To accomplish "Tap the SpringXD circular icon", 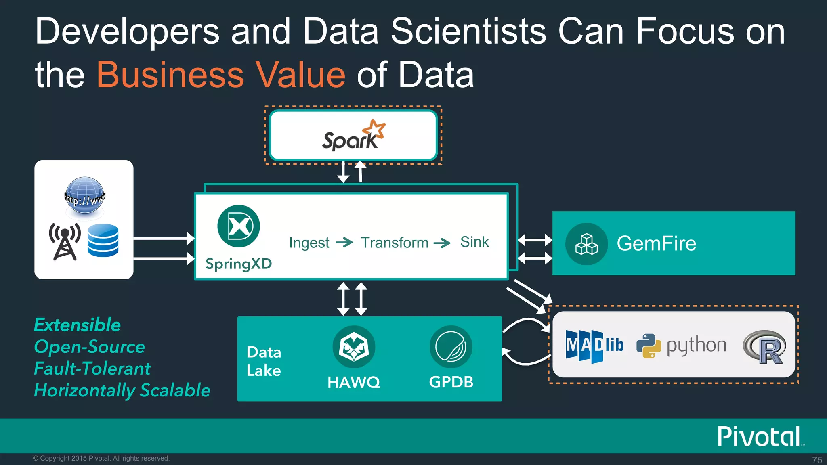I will point(238,226).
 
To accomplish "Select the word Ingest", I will point(309,243).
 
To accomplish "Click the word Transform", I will point(395,243).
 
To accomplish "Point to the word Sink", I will point(474,242).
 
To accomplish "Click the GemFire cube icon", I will point(586,244).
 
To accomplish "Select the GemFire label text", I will point(657,243).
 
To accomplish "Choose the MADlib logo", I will point(594,346).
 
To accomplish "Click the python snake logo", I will point(649,346).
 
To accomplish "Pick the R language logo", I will point(764,347).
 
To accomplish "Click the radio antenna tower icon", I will point(65,241).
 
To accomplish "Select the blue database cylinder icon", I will point(103,241).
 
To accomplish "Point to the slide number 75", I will point(817,460).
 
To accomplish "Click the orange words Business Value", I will point(221,75).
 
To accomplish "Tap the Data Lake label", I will point(264,361).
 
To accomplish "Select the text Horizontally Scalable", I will point(122,390).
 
